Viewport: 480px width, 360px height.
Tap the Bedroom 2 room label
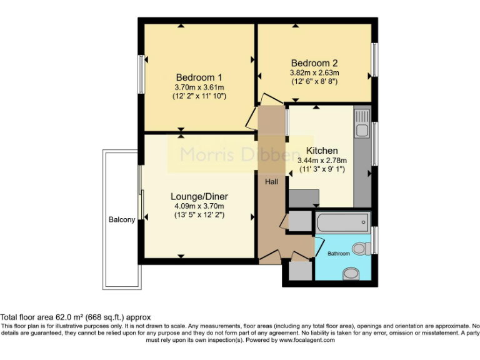point(314,63)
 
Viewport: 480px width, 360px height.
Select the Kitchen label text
point(322,151)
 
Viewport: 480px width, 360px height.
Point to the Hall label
point(271,181)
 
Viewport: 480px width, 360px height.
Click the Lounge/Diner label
point(199,196)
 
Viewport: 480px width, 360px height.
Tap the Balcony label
point(122,220)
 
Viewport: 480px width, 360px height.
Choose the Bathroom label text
point(339,254)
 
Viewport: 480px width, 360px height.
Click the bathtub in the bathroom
point(343,222)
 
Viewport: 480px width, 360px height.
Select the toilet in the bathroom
point(360,249)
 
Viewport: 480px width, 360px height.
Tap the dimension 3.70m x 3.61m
point(199,87)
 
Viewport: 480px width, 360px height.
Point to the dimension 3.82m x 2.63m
point(314,72)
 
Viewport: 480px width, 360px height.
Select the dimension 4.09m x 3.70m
point(199,206)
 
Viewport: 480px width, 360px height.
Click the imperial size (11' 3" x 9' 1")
point(322,169)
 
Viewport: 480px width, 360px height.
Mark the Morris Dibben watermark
point(241,154)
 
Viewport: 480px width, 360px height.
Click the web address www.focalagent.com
point(306,340)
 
